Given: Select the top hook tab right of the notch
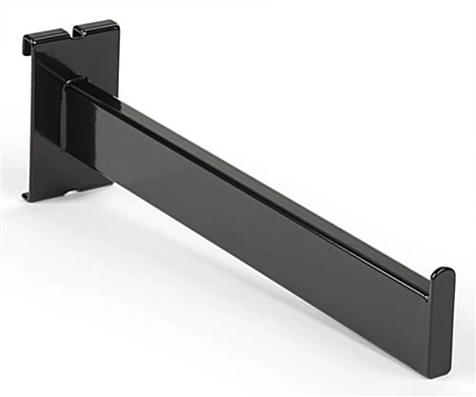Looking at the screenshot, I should (100, 27).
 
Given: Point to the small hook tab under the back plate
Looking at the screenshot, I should (31, 198).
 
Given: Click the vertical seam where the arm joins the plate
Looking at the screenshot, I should (64, 124).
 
